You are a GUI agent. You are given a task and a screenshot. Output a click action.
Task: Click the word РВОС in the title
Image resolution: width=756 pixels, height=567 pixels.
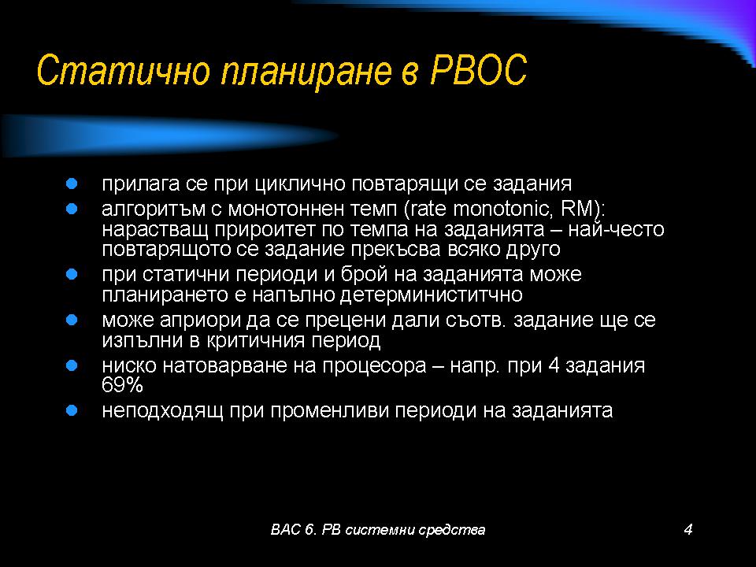click(478, 70)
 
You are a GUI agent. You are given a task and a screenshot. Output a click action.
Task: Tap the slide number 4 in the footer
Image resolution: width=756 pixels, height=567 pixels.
click(688, 529)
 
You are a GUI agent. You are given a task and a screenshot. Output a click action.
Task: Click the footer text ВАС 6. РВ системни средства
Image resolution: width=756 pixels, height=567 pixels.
click(378, 529)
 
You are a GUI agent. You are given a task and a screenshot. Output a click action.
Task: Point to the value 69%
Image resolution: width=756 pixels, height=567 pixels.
click(123, 385)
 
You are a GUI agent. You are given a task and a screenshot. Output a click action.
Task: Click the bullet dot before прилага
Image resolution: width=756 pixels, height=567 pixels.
click(72, 183)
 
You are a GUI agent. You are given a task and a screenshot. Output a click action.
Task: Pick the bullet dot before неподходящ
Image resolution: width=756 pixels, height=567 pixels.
click(72, 411)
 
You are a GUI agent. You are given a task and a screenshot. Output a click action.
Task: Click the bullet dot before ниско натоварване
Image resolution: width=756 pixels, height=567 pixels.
click(72, 365)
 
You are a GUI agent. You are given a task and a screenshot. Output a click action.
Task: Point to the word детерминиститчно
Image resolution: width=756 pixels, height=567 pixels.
click(431, 295)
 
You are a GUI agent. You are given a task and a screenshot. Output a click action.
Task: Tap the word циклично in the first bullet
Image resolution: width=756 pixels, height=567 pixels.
click(300, 184)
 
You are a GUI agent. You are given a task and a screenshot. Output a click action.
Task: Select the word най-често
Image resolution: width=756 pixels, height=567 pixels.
click(616, 229)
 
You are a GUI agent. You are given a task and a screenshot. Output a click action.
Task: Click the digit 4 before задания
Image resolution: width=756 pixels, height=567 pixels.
click(554, 365)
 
